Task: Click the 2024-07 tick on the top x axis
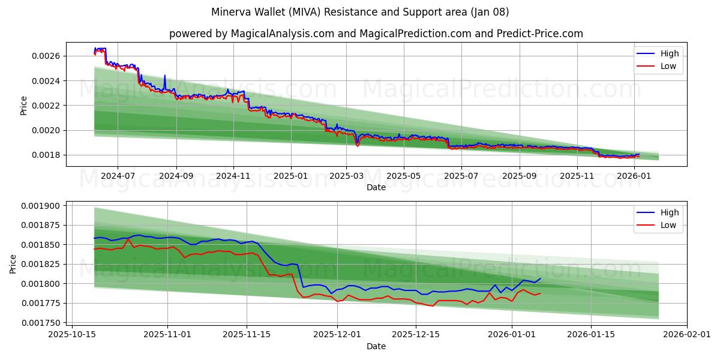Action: coord(117,176)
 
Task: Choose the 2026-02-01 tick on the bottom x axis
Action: coord(687,335)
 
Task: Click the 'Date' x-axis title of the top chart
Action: coord(376,187)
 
